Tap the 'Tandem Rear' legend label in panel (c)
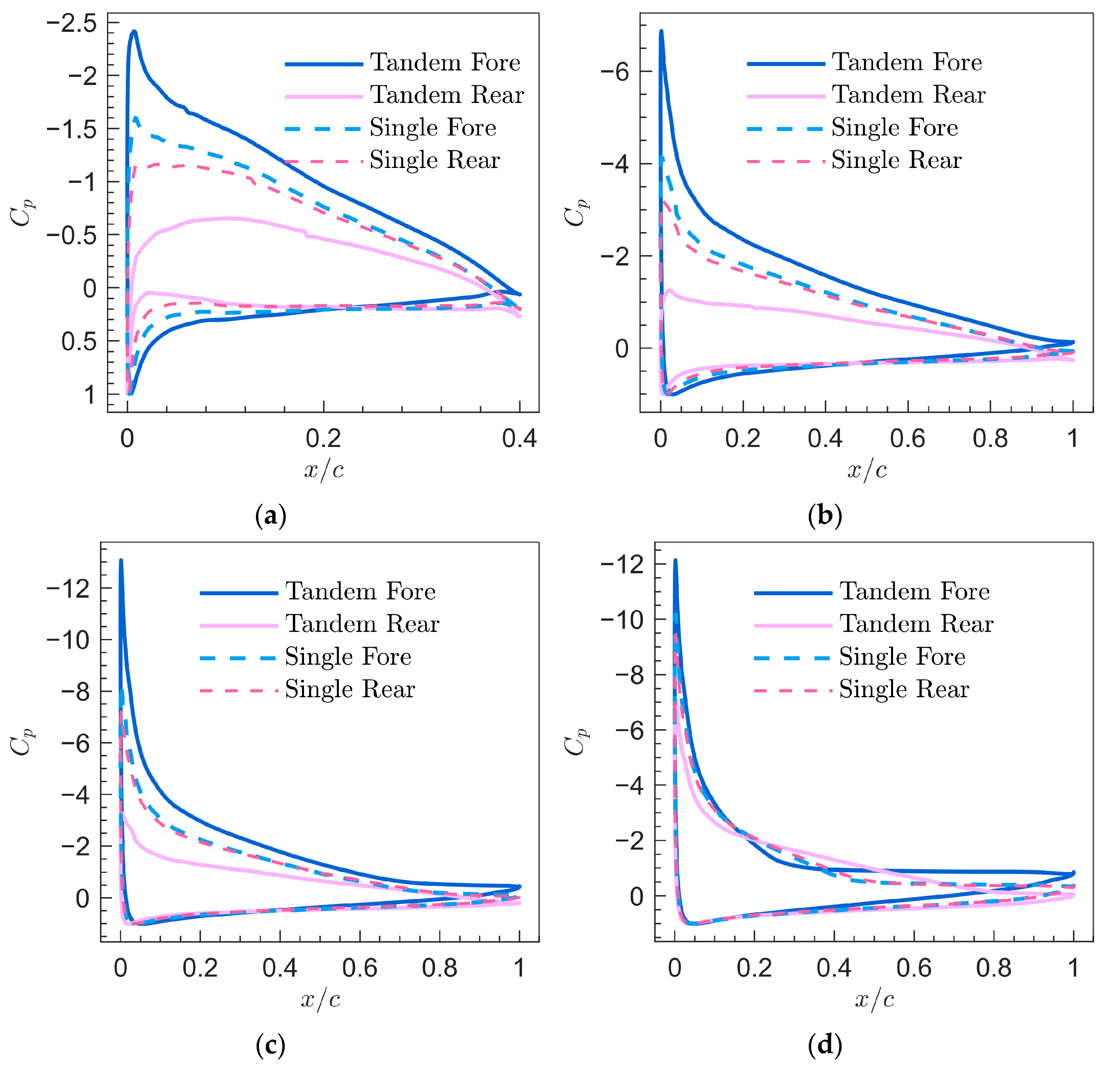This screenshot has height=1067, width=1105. (362, 624)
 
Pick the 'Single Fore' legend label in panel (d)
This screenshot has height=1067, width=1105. (902, 657)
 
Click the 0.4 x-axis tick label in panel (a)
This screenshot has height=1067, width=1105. (519, 438)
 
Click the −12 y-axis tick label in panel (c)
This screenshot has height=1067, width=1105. (69, 589)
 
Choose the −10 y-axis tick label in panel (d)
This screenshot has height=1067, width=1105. (622, 620)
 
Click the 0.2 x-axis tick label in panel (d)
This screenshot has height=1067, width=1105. (754, 968)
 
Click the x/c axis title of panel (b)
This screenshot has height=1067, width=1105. (867, 470)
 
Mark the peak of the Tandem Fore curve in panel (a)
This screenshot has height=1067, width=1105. (134, 31)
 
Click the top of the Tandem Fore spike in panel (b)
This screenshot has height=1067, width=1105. (661, 31)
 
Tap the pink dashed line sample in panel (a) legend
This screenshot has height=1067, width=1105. (324, 162)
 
